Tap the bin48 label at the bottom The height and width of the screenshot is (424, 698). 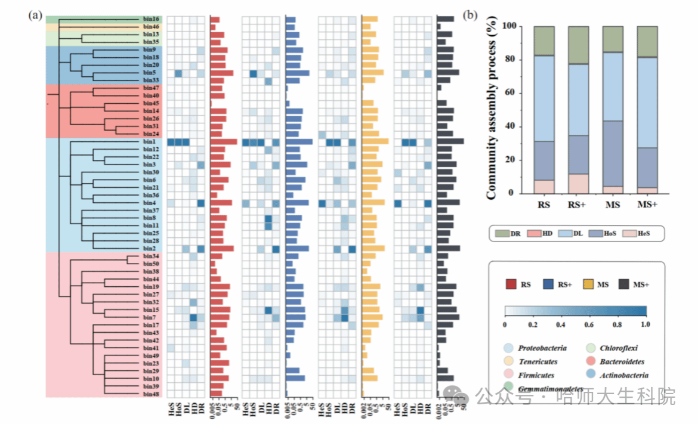[x=150, y=394]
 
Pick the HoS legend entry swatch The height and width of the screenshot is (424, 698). [x=597, y=233]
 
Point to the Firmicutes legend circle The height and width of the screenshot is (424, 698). [x=509, y=376]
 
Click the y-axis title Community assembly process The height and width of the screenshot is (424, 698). [x=492, y=112]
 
